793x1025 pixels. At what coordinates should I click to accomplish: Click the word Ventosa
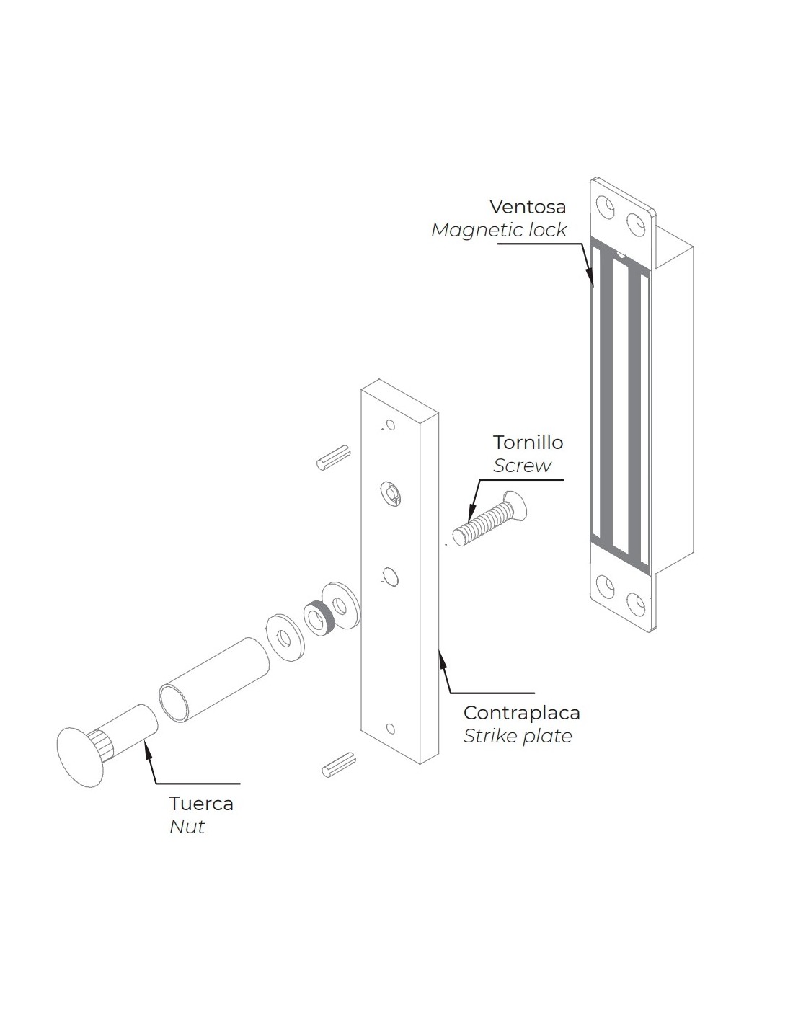528,207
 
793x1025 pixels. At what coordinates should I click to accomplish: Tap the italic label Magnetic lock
499,230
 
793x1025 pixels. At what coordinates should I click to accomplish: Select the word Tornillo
528,442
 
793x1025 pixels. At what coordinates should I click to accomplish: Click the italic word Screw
522,466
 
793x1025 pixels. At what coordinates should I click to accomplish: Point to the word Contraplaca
521,713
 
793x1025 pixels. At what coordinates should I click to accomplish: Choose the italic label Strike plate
518,736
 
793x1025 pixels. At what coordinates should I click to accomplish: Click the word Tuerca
201,803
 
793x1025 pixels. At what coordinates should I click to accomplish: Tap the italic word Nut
187,827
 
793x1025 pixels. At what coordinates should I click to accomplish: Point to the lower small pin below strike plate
339,765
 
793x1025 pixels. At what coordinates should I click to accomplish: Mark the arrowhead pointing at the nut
149,750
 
